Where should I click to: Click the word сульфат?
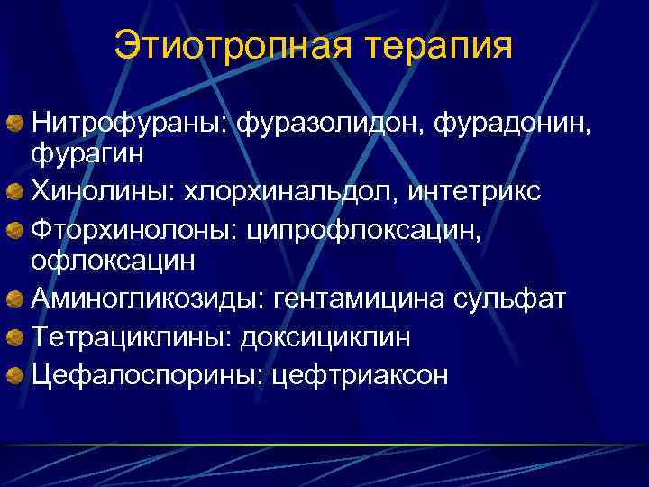tap(516, 299)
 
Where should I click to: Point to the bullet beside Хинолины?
tap(15, 191)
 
